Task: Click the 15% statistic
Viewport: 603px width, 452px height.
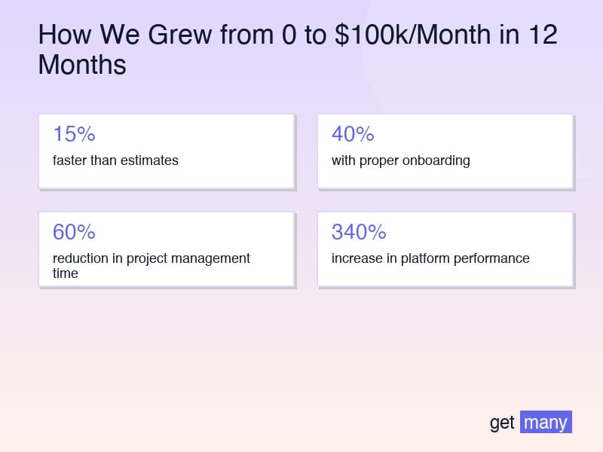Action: pyautogui.click(x=74, y=134)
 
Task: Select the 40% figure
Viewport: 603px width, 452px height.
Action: pyautogui.click(x=353, y=134)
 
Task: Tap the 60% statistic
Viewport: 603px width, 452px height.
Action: pyautogui.click(x=74, y=232)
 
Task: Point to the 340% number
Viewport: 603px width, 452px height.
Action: pyautogui.click(x=359, y=232)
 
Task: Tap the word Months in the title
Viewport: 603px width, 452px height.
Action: pyautogui.click(x=82, y=66)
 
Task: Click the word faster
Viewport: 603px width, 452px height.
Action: pyautogui.click(x=69, y=160)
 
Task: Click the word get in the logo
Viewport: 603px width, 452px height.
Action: pyautogui.click(x=502, y=423)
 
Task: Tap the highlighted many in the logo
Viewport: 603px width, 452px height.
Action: pyautogui.click(x=546, y=422)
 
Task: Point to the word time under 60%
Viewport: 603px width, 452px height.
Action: pyautogui.click(x=66, y=273)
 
